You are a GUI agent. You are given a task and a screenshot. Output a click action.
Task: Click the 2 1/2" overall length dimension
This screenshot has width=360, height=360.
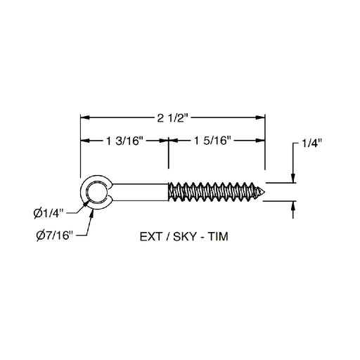pyautogui.click(x=173, y=118)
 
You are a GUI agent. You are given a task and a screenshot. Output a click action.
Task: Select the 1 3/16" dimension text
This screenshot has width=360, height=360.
pyautogui.click(x=124, y=141)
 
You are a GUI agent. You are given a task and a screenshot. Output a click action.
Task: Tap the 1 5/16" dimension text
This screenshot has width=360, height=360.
pyautogui.click(x=212, y=141)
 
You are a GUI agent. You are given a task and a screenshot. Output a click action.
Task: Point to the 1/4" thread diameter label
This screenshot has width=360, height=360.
pyautogui.click(x=311, y=143)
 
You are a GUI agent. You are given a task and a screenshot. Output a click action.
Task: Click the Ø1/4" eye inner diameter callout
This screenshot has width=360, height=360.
pyautogui.click(x=49, y=213)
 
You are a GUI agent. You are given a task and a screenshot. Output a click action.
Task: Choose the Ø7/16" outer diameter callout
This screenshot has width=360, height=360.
pyautogui.click(x=55, y=236)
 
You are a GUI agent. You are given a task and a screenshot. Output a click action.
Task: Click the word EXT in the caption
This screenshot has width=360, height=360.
pyautogui.click(x=151, y=236)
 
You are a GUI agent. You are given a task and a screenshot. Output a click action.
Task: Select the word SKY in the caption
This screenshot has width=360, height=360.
pyautogui.click(x=184, y=236)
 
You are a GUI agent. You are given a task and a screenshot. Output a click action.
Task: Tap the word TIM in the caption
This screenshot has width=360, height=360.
pyautogui.click(x=218, y=236)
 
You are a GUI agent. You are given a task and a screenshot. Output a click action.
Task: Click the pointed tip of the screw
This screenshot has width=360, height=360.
pyautogui.click(x=264, y=192)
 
